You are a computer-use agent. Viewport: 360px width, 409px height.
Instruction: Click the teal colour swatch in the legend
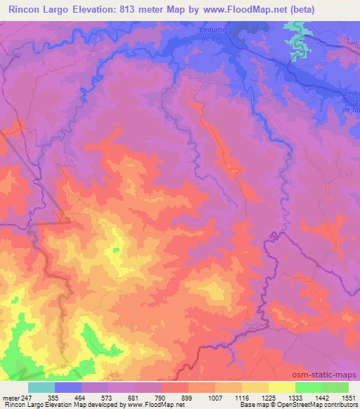(41, 387)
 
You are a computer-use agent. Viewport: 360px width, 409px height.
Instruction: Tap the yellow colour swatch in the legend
(282, 387)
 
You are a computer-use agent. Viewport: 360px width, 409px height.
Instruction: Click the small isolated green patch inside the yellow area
(115, 249)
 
